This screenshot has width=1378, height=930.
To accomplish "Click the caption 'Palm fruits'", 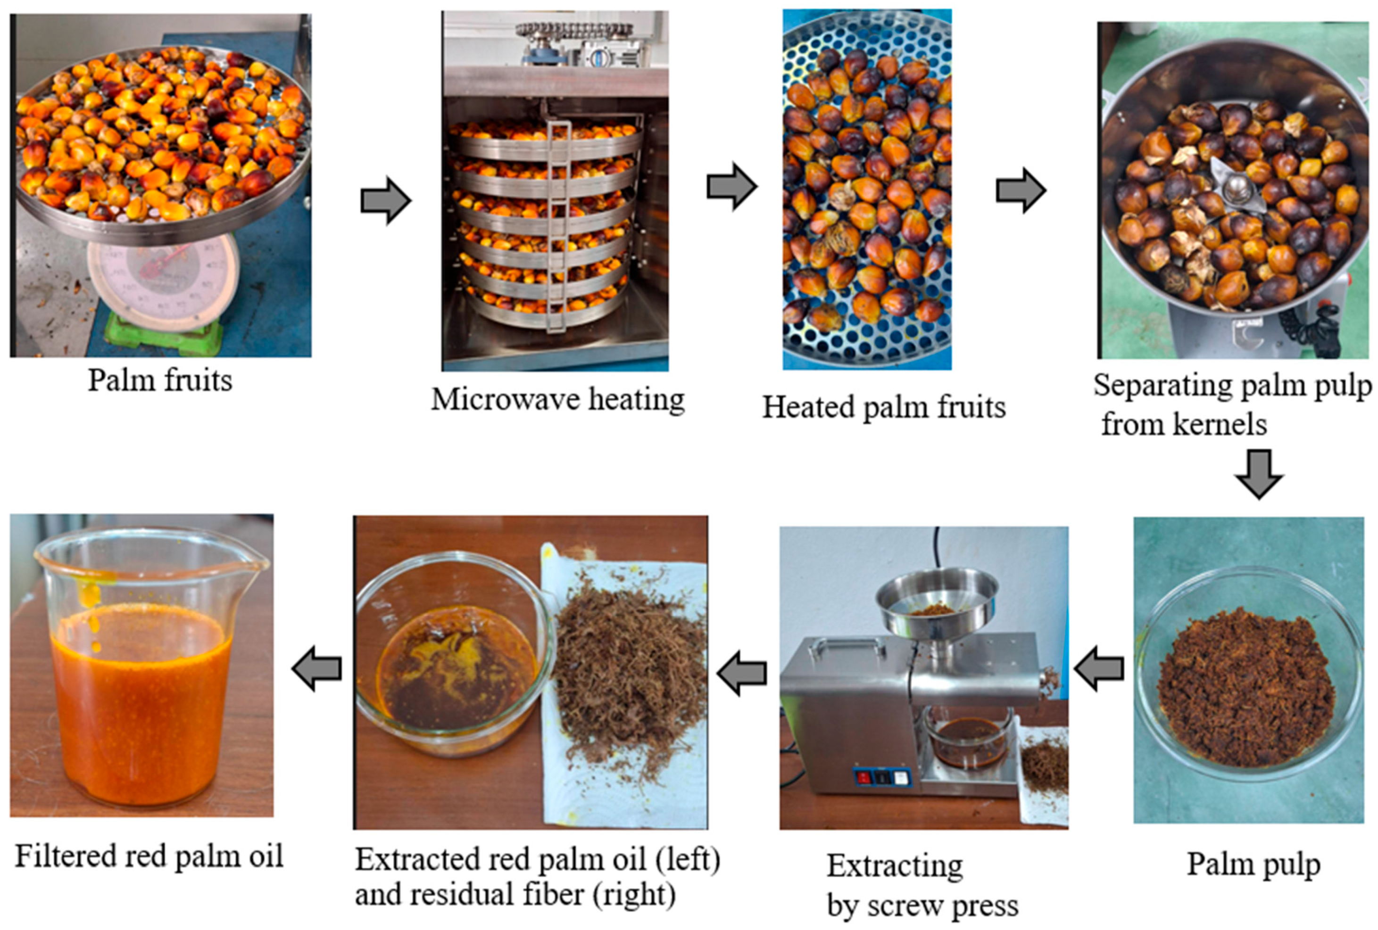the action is point(160,380).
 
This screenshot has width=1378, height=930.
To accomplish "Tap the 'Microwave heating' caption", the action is point(558,399).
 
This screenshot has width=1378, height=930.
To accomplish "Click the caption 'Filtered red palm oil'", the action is point(149,856).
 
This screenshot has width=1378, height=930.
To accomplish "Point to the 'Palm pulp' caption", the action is point(1254,865).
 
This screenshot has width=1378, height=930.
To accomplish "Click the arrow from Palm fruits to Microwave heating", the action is point(386,200).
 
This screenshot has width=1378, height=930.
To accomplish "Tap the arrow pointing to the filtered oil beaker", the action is point(316,668).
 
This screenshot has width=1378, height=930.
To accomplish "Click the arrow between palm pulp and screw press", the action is point(1098,668).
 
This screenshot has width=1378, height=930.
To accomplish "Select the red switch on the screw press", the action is point(863,776).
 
